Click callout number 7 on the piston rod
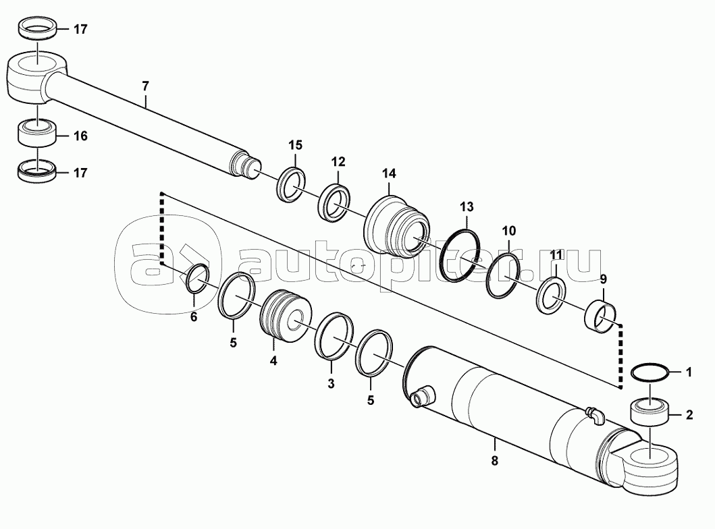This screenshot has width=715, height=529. coord(145,86)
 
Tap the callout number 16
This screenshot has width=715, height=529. coord(80,136)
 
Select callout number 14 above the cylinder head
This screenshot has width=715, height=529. coord(389,173)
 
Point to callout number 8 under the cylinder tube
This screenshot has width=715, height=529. coord(495,461)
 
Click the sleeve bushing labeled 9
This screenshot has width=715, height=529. coord(600,316)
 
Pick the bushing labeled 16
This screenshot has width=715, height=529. coord(36,133)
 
